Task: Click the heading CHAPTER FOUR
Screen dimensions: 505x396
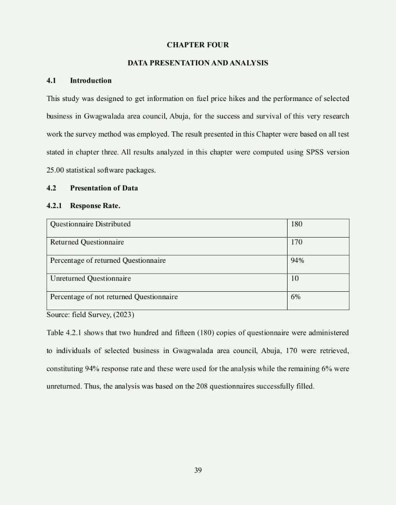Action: point(198,45)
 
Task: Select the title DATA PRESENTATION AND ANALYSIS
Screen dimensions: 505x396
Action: point(198,63)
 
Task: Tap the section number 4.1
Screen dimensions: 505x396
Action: point(51,80)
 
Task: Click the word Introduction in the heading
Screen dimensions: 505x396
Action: point(91,80)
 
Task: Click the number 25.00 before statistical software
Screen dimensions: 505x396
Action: point(55,170)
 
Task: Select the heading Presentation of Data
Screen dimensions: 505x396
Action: point(104,188)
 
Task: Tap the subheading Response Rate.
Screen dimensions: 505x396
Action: point(95,206)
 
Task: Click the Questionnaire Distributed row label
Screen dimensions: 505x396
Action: point(90,224)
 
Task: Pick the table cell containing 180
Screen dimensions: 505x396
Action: point(296,224)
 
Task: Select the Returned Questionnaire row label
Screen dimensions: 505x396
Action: point(87,242)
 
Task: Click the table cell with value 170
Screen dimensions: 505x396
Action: point(296,242)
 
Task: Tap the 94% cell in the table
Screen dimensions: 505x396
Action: point(297,260)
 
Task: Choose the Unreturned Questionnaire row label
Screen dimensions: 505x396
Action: point(90,279)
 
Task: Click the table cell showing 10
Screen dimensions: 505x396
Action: point(295,279)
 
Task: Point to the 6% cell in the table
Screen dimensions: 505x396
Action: point(295,297)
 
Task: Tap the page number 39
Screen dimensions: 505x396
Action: point(198,470)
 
